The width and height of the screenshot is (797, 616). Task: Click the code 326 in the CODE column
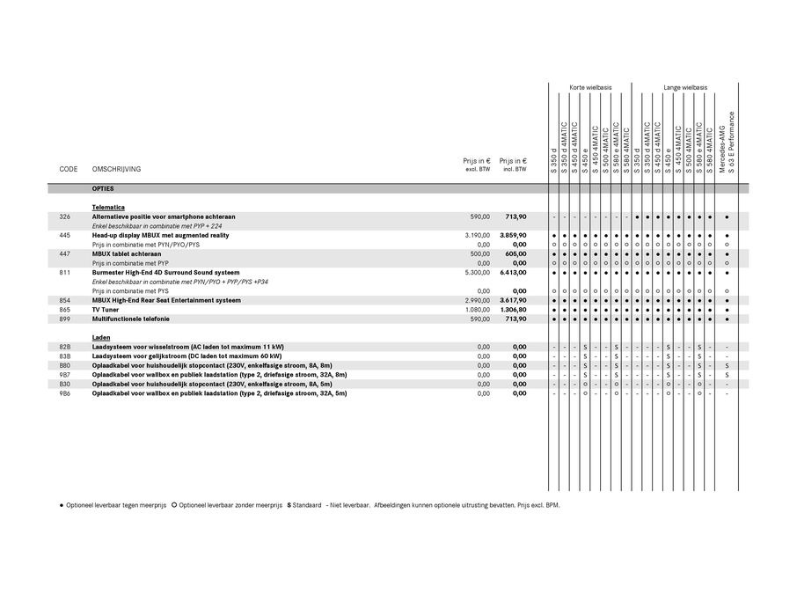65,216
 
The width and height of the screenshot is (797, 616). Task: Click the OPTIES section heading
102,189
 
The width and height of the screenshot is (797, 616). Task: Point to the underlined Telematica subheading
107,207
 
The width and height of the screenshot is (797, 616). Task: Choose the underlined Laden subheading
99,338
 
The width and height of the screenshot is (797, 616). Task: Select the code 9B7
65,375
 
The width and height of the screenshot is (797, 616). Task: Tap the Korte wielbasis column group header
590,88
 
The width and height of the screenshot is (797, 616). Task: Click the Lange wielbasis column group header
685,88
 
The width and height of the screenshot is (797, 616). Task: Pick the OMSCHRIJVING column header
116,169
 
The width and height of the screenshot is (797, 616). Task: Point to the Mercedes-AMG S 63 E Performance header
727,141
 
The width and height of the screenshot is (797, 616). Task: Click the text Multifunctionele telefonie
131,319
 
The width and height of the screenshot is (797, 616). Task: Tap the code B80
65,365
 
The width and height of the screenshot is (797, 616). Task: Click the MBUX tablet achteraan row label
132,253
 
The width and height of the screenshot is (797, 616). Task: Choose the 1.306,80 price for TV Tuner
512,310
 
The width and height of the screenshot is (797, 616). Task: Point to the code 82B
65,347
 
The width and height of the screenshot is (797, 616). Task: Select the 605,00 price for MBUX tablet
515,253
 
